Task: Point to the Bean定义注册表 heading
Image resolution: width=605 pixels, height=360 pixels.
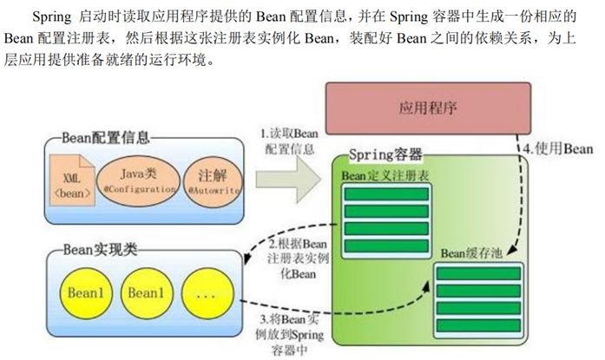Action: click(x=378, y=176)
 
